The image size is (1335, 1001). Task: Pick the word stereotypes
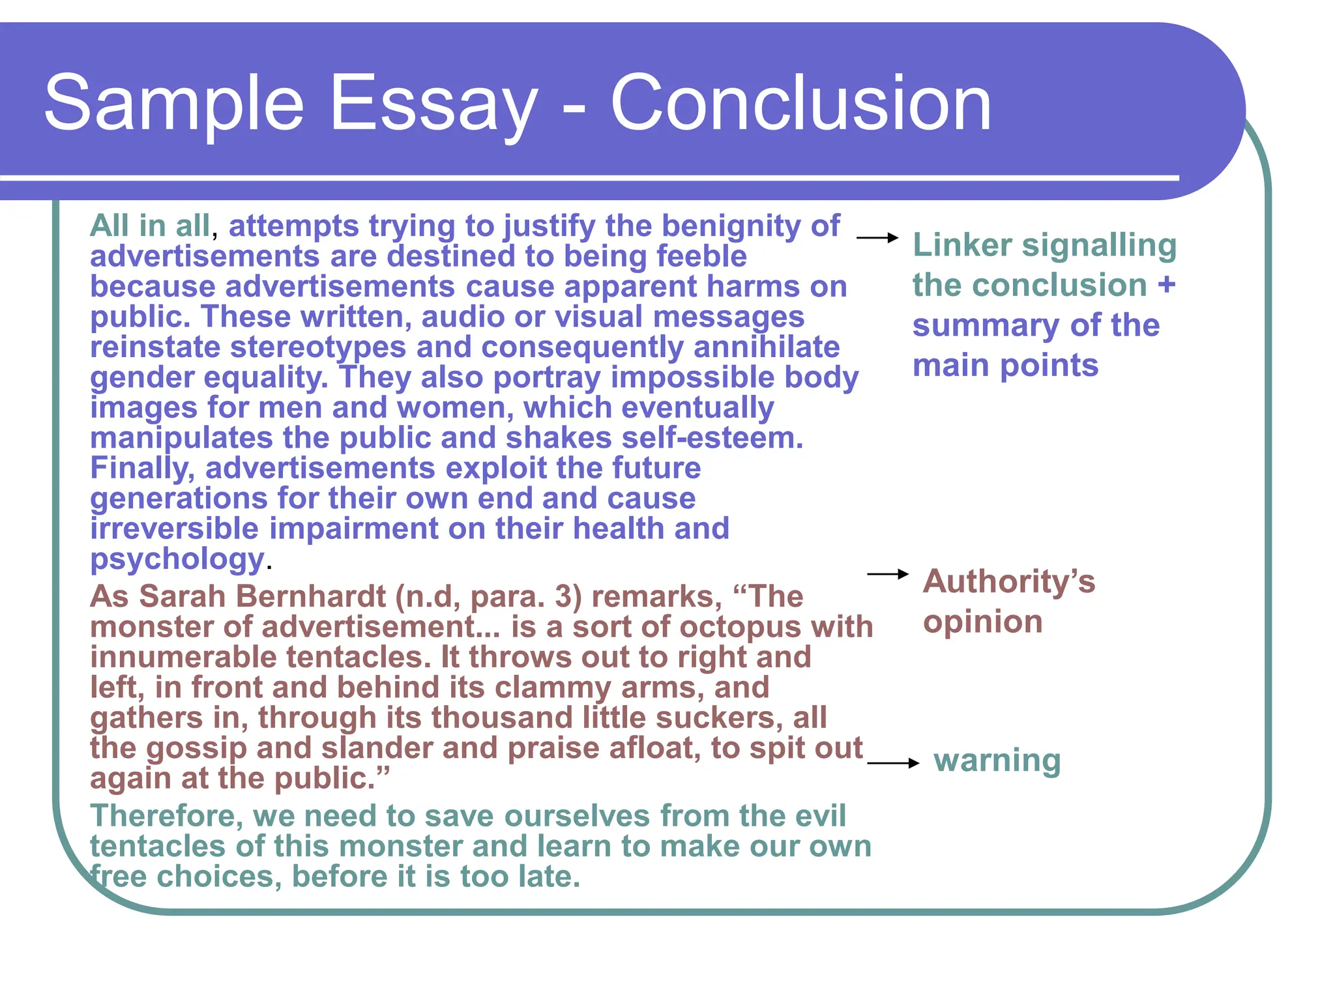(318, 347)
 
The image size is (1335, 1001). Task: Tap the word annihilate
(767, 347)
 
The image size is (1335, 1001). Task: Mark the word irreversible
(174, 529)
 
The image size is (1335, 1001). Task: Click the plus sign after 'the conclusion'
(1166, 285)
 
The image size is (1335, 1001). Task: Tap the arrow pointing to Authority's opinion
(887, 574)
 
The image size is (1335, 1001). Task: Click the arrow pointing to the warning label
(892, 763)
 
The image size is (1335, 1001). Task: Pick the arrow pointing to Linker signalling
(877, 239)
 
